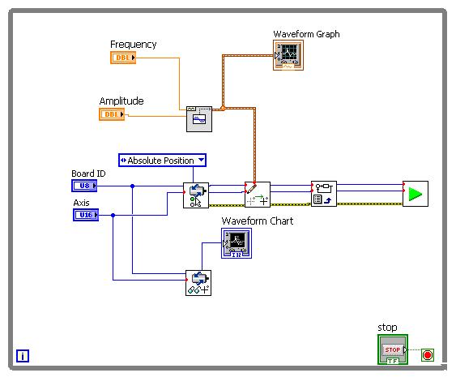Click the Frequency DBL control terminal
coord(123,58)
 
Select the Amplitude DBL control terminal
coord(112,114)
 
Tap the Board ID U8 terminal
coord(84,186)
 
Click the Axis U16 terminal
coord(86,215)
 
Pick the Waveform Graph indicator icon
coord(288,55)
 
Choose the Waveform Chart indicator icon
coord(237,243)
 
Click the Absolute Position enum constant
coord(162,161)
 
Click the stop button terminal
coord(393,349)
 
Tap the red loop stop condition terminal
coord(428,355)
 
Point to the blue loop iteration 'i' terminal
coord(23,356)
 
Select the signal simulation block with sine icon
coord(199,119)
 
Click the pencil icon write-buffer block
coord(258,195)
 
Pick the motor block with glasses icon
coord(198,283)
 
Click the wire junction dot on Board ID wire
coord(132,186)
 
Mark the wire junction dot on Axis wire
coord(113,215)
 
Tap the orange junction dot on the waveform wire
coord(223,109)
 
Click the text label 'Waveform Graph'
coord(306,34)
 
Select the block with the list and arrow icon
coord(324,194)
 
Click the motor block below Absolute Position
coord(196,195)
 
